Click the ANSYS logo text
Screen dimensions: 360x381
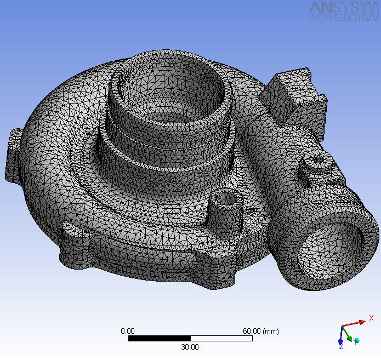pos(334,7)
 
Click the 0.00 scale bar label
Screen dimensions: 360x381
pos(127,331)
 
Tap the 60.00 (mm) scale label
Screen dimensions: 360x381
pos(261,331)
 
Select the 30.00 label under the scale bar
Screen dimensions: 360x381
pos(190,347)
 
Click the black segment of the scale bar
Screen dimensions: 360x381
pos(159,339)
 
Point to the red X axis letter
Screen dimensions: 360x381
pos(371,318)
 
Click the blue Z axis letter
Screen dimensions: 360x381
pos(340,347)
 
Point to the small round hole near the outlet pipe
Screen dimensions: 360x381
pos(320,160)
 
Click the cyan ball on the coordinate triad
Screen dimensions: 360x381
pos(357,340)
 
